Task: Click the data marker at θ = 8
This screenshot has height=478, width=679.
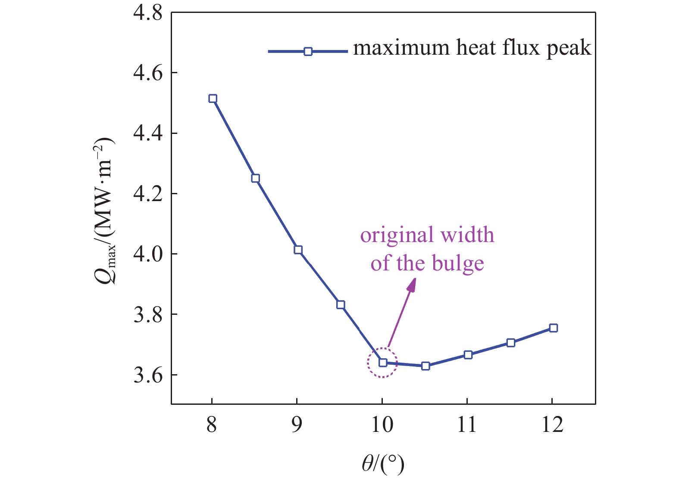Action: pyautogui.click(x=213, y=99)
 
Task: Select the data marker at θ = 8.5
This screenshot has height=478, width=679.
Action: pyautogui.click(x=255, y=178)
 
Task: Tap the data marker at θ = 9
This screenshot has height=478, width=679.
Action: pyautogui.click(x=298, y=250)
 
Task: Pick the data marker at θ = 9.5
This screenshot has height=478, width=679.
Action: pyautogui.click(x=341, y=305)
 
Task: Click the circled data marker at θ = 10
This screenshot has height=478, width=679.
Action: pyautogui.click(x=383, y=363)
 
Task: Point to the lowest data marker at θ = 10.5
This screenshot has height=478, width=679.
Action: pyautogui.click(x=426, y=366)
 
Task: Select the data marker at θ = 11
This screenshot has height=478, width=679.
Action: pyautogui.click(x=468, y=355)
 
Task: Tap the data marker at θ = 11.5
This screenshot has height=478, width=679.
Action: pyautogui.click(x=511, y=343)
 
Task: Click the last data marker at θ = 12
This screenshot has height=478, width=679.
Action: pyautogui.click(x=554, y=328)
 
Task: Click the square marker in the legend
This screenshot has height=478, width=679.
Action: pyautogui.click(x=308, y=52)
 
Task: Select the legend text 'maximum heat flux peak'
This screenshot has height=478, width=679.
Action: pyautogui.click(x=472, y=48)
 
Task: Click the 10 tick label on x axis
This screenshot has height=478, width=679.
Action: pyautogui.click(x=382, y=425)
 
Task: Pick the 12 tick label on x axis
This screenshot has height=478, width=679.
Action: pyautogui.click(x=552, y=425)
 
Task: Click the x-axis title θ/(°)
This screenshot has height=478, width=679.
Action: pyautogui.click(x=383, y=464)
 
